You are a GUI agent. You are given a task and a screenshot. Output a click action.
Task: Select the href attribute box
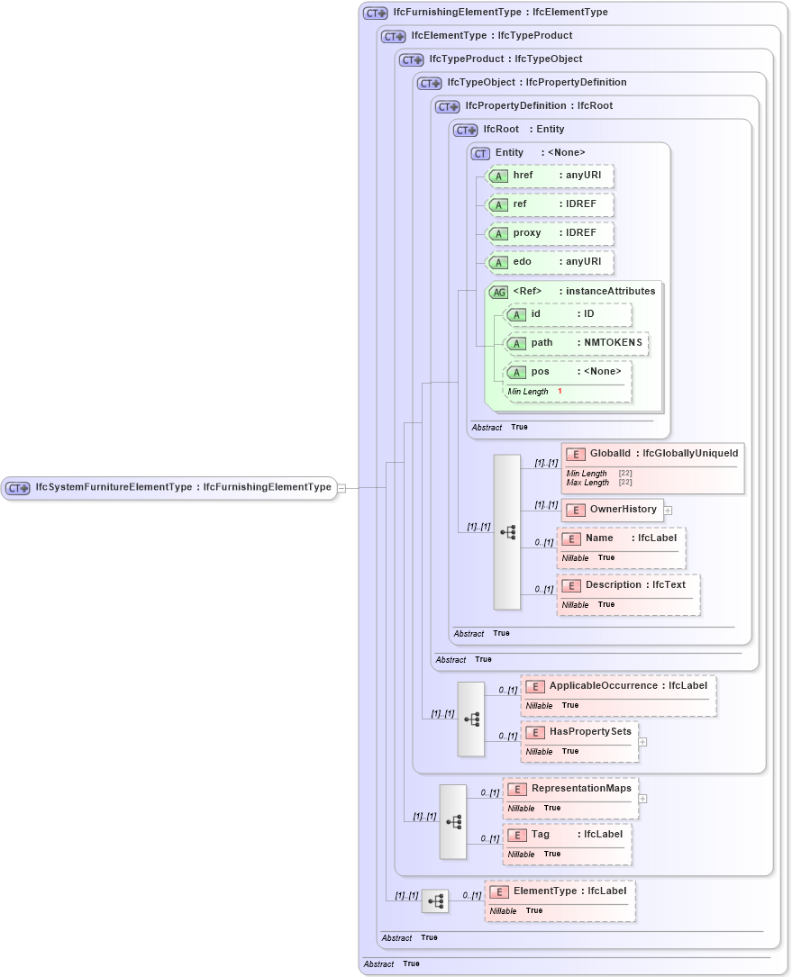pos(550,176)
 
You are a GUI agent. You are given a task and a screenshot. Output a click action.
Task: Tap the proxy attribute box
pos(550,233)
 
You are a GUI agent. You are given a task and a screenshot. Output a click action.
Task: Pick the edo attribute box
pos(550,262)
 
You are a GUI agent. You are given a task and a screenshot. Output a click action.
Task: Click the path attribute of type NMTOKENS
pos(576,343)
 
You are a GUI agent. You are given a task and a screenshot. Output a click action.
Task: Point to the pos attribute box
pos(567,372)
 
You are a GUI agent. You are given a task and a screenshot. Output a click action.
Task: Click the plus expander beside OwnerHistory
pos(668,511)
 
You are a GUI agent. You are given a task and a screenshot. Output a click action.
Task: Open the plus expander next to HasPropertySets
pos(642,742)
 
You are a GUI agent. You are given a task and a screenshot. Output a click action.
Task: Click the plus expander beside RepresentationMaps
pos(642,799)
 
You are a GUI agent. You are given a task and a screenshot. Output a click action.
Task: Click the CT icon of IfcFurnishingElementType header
pos(375,14)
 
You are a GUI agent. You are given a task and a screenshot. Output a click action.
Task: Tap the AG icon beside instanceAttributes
pos(498,292)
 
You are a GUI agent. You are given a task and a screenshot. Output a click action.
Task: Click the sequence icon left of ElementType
pos(435,901)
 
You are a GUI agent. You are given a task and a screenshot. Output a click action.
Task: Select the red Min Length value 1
pos(560,392)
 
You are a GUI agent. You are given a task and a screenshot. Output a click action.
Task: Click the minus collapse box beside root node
pos(341,488)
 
